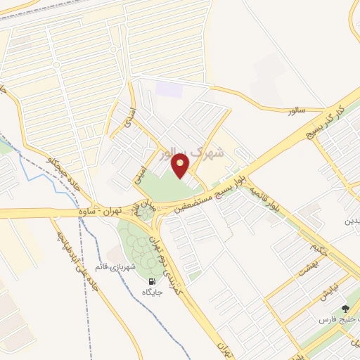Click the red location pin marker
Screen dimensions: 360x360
pos(182,166)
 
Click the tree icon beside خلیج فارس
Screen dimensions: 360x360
pos(345,309)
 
